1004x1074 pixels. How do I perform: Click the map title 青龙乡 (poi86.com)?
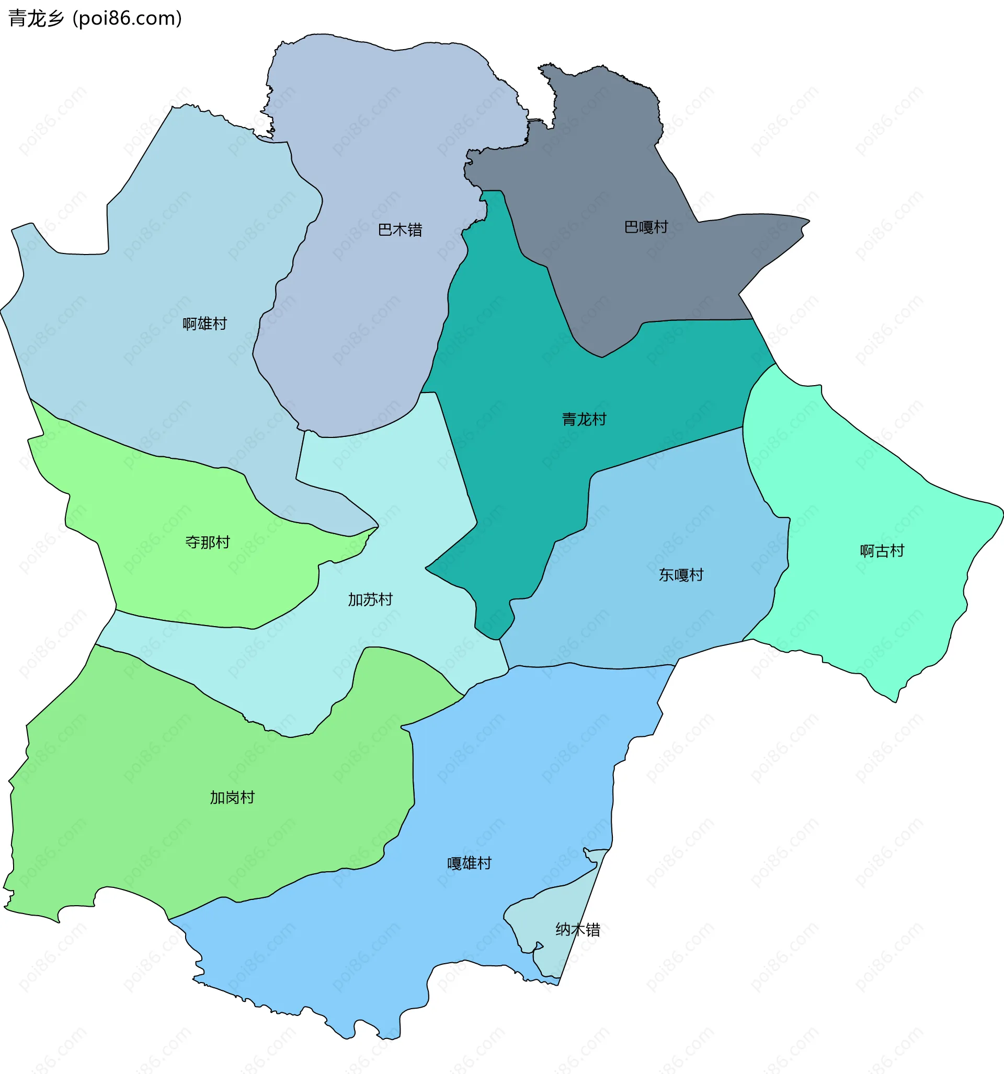click(x=95, y=18)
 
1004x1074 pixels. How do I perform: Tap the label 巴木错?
click(x=400, y=230)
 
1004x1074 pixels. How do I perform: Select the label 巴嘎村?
click(x=646, y=227)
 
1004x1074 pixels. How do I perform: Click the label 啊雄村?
click(x=204, y=324)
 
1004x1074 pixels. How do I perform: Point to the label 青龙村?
click(x=584, y=419)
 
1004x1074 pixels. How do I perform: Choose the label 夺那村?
click(x=208, y=542)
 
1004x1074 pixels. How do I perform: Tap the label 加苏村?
click(x=370, y=599)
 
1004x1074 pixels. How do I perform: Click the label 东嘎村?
click(x=681, y=575)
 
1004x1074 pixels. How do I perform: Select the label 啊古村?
click(x=882, y=551)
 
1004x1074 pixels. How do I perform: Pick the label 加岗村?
click(x=232, y=798)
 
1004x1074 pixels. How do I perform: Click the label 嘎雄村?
click(x=469, y=863)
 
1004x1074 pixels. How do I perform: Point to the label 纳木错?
click(x=577, y=930)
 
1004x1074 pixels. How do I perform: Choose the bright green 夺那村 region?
click(x=162, y=583)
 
